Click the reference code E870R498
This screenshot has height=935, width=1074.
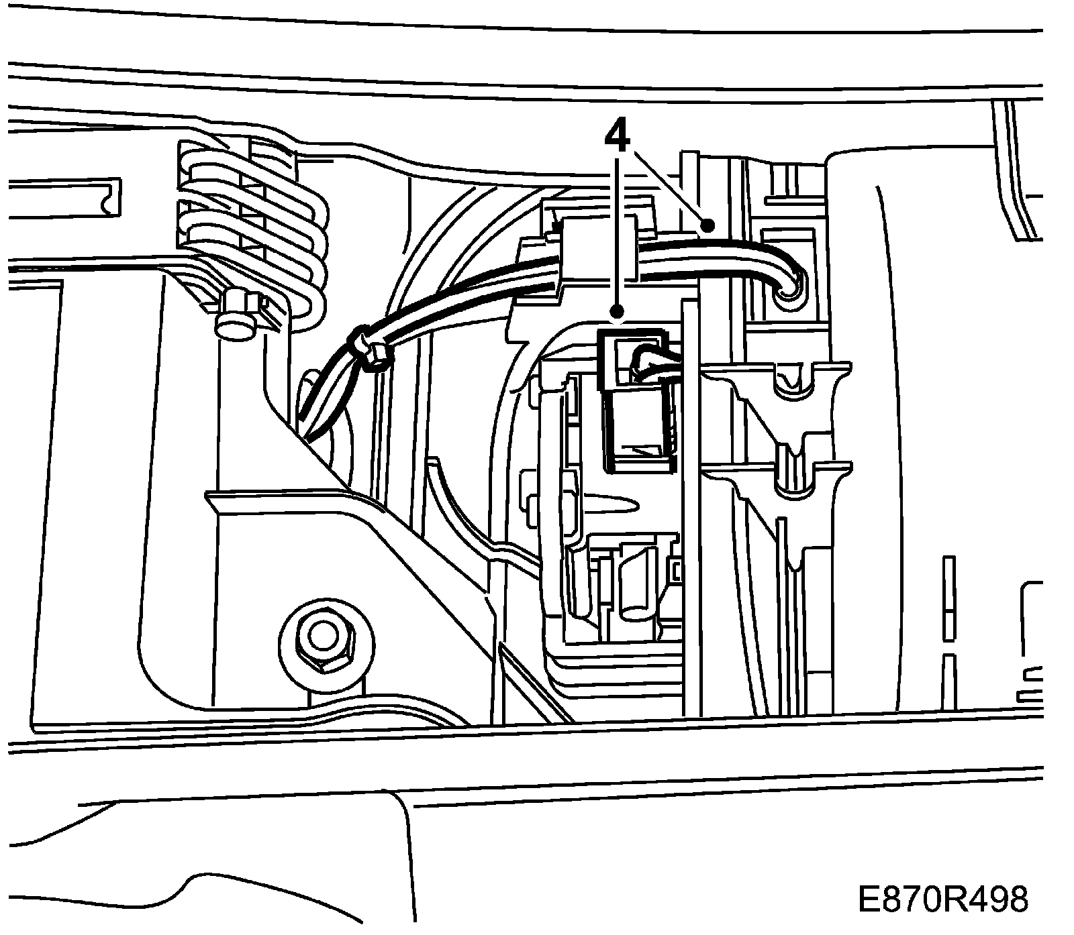[x=942, y=900]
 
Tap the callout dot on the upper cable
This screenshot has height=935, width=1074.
[x=706, y=225]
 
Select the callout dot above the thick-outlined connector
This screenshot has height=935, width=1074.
[x=617, y=311]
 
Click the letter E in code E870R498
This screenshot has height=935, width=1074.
[x=867, y=900]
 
